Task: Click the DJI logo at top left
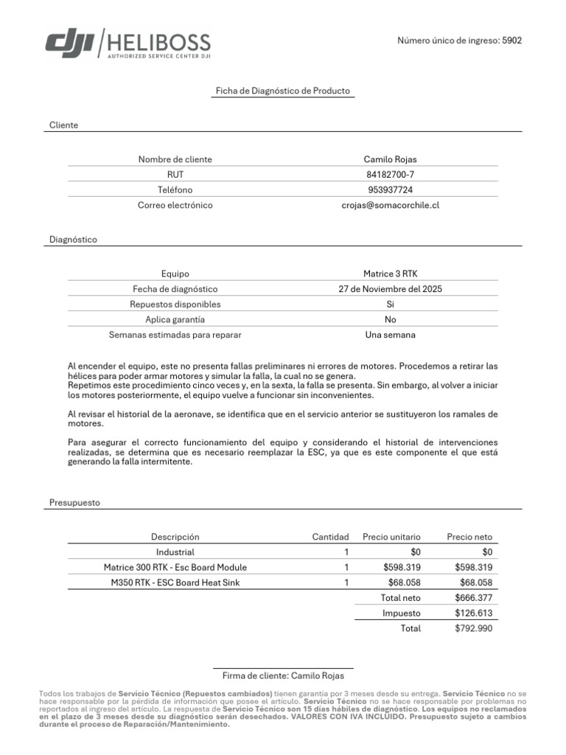point(69,44)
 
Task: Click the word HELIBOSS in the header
point(158,42)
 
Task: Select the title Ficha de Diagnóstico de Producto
point(282,91)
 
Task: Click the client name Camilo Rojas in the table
point(390,159)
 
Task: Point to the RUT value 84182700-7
point(390,175)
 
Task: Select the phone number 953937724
point(390,189)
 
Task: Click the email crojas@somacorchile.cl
point(390,205)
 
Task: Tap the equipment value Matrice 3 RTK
point(390,274)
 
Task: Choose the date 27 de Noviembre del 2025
point(390,289)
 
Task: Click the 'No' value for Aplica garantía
point(390,319)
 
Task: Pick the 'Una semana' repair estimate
point(390,335)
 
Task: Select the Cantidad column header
point(330,537)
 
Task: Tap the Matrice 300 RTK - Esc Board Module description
point(175,567)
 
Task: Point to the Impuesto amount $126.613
point(473,613)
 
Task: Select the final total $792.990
point(473,628)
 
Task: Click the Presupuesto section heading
point(74,502)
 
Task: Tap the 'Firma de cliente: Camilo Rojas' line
point(282,675)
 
